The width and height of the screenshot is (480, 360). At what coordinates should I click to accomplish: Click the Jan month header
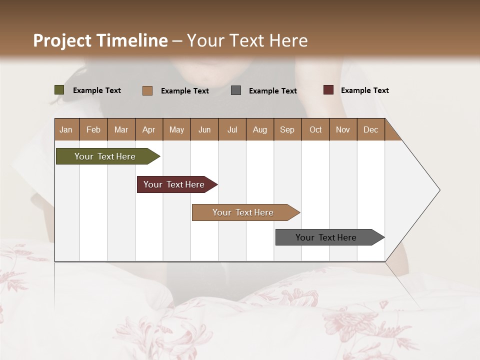(66, 129)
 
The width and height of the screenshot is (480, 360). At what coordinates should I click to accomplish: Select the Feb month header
(93, 129)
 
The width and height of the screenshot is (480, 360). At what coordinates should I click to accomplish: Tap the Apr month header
(148, 129)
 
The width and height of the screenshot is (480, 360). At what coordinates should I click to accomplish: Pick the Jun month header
(204, 129)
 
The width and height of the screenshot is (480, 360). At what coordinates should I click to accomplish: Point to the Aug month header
(259, 129)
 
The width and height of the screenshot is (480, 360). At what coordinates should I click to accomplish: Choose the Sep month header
(287, 129)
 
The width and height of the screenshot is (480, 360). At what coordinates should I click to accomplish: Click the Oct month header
(315, 129)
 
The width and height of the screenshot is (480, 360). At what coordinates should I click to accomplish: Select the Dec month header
(370, 129)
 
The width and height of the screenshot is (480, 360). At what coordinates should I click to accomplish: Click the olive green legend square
(59, 90)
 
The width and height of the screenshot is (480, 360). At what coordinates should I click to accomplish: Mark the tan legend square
(147, 90)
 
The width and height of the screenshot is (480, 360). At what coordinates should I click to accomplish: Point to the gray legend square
(236, 90)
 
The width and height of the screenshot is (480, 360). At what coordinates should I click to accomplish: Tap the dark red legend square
(328, 90)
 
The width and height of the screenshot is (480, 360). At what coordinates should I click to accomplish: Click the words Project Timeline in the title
(100, 40)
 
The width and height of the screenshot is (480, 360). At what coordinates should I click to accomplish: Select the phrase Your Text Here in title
(247, 40)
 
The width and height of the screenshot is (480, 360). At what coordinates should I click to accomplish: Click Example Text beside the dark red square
(364, 90)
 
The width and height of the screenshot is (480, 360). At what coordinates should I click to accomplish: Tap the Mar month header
(121, 129)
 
